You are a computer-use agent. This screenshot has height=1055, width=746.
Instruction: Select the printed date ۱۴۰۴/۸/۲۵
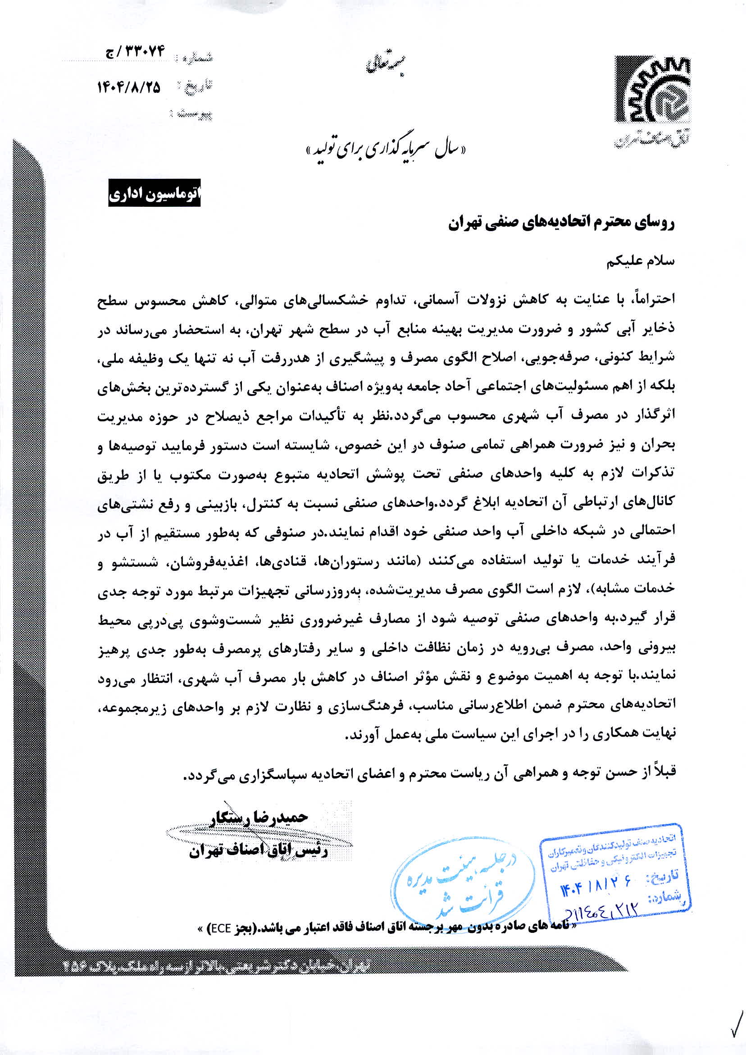coord(129,87)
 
